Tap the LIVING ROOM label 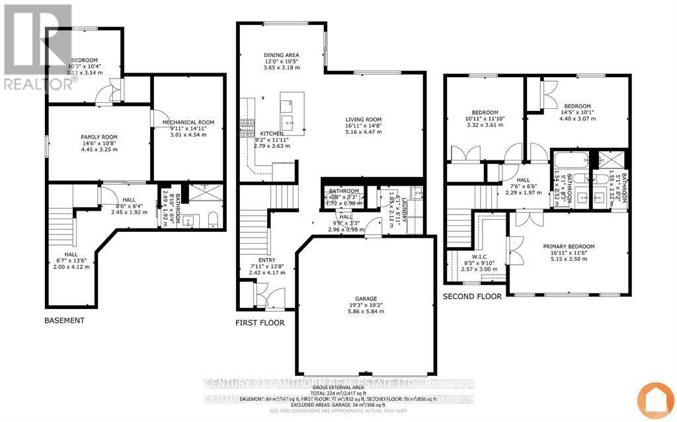(364, 118)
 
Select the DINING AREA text (282, 55)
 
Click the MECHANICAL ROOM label (188, 122)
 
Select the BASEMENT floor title (65, 320)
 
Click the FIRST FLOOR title (260, 323)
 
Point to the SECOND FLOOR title (472, 297)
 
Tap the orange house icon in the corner (655, 400)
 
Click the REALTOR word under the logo (37, 84)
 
